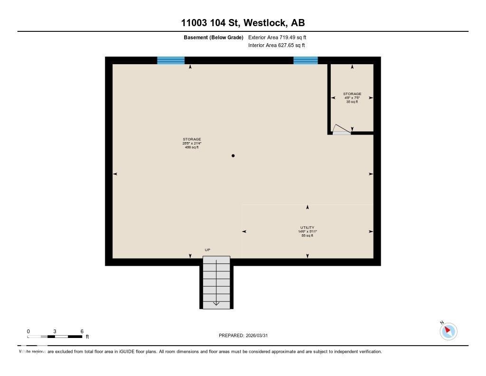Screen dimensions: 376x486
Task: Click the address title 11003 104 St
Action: click(243, 22)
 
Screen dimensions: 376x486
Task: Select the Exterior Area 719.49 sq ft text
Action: click(280, 37)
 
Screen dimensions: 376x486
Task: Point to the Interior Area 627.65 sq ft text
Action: click(276, 46)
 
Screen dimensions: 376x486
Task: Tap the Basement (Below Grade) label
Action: click(214, 37)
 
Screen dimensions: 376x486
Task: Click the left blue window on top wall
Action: click(171, 60)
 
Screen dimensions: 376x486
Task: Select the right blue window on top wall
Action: click(305, 60)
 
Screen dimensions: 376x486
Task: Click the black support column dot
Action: click(233, 155)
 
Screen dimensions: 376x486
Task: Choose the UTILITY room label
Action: click(307, 228)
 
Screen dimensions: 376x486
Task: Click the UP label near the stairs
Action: click(207, 250)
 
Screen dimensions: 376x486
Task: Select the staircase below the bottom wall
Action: click(216, 283)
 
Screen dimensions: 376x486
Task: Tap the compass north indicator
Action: click(449, 331)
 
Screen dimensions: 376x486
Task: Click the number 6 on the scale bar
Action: click(82, 331)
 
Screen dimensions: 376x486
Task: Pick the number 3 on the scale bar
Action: click(55, 331)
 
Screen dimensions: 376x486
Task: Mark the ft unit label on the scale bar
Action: click(87, 337)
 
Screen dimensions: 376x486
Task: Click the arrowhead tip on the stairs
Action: click(216, 305)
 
